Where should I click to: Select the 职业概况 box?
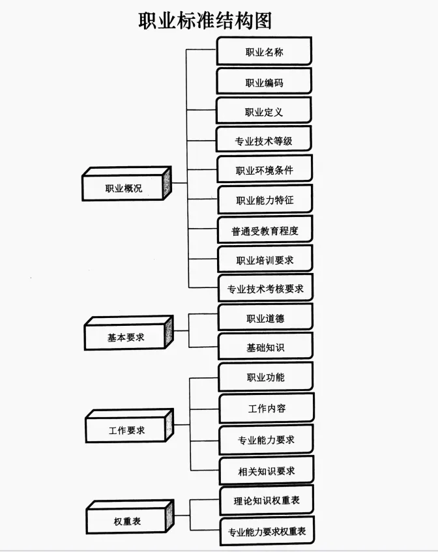124,189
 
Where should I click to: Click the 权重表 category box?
128,521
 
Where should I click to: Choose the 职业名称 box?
264,52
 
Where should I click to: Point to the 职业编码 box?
264,83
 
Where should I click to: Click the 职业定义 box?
264,112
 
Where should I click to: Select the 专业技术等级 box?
264,141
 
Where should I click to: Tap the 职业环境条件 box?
264,171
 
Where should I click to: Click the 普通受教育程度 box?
265,231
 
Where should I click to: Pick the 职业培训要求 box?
265,260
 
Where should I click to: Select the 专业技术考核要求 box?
265,288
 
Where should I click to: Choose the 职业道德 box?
265,318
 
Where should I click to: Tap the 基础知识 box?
265,347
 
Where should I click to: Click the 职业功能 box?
265,377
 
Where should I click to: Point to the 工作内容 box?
267,409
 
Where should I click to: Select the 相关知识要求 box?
266,471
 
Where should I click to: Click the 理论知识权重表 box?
266,501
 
